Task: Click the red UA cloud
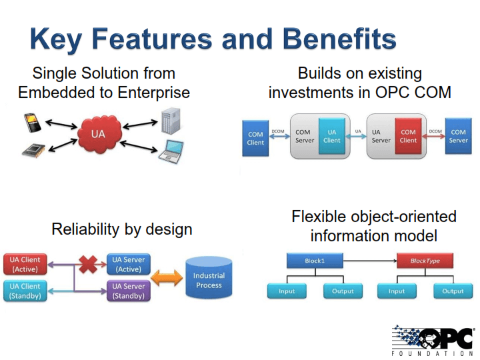(x=98, y=134)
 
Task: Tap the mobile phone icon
(x=31, y=123)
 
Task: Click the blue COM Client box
(x=255, y=137)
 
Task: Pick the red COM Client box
(x=408, y=136)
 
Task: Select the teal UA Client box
(x=331, y=136)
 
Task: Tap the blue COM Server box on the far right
(x=458, y=136)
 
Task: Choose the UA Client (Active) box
(x=25, y=265)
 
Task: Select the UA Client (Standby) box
(x=25, y=291)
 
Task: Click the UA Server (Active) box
(x=129, y=265)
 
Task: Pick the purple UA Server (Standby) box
(x=129, y=291)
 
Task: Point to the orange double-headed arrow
(x=167, y=278)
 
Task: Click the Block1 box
(x=315, y=260)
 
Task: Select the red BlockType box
(x=425, y=260)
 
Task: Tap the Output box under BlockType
(x=453, y=291)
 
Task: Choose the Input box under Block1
(x=287, y=291)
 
